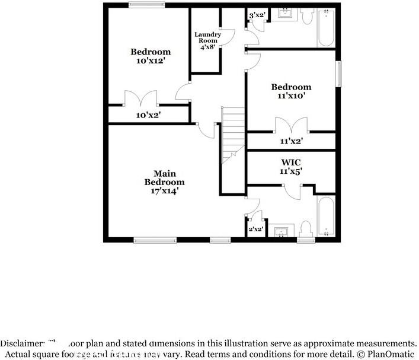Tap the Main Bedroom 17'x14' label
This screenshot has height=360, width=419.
click(165, 182)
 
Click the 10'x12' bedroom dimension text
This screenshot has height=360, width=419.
click(151, 61)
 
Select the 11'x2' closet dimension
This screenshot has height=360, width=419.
click(291, 141)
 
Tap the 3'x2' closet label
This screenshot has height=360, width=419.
click(257, 15)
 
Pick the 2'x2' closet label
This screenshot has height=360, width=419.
click(255, 229)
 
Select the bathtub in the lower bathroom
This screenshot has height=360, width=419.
click(327, 216)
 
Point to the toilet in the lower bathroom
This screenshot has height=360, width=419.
click(306, 229)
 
